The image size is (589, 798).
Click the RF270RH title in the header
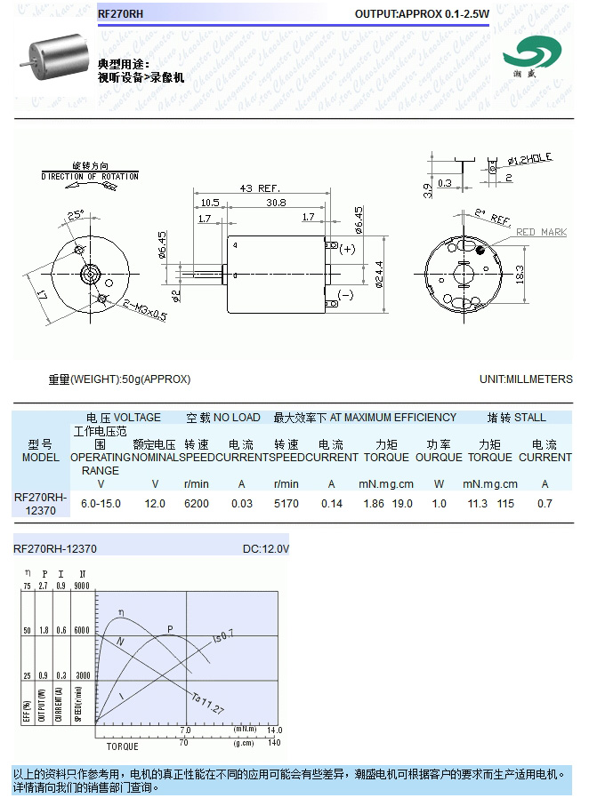pyautogui.click(x=120, y=14)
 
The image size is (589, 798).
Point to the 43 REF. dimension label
pyautogui.click(x=260, y=188)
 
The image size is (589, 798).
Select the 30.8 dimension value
pyautogui.click(x=276, y=203)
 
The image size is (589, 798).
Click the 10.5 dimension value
pyautogui.click(x=209, y=203)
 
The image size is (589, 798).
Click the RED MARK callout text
pyautogui.click(x=541, y=232)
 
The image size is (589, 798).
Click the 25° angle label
pyautogui.click(x=75, y=215)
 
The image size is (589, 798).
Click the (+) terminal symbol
pyautogui.click(x=347, y=250)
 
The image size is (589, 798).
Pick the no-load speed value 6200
pyautogui.click(x=196, y=503)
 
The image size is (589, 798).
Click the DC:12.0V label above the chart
pyautogui.click(x=265, y=549)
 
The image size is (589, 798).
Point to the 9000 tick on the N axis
pyautogui.click(x=82, y=586)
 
